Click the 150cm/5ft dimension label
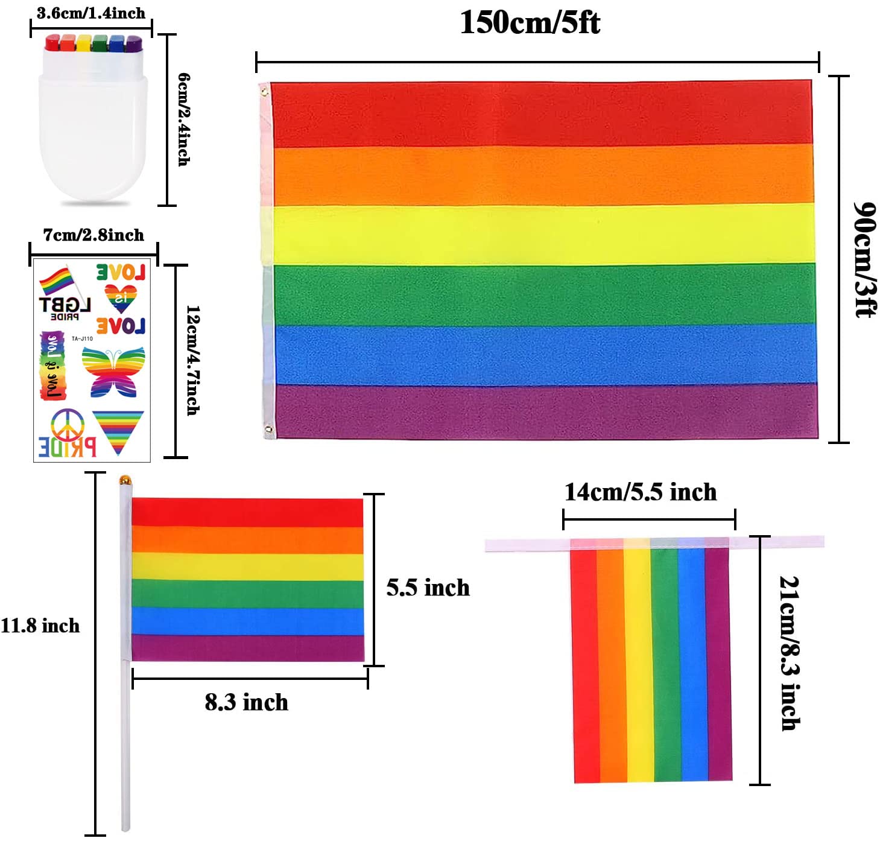(x=530, y=23)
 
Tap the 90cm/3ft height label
(x=864, y=259)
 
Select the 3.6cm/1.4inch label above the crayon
(x=90, y=13)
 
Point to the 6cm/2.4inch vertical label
(x=184, y=119)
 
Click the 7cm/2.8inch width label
(x=93, y=235)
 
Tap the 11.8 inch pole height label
(x=40, y=626)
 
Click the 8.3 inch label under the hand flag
(x=246, y=702)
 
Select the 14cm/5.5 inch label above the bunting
(x=640, y=492)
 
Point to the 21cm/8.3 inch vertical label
(x=790, y=653)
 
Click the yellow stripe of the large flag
(x=543, y=234)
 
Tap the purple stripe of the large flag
(x=543, y=411)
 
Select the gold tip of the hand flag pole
(x=125, y=480)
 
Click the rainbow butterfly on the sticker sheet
(x=113, y=371)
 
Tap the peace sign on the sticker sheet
(x=66, y=424)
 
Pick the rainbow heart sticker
(x=121, y=297)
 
